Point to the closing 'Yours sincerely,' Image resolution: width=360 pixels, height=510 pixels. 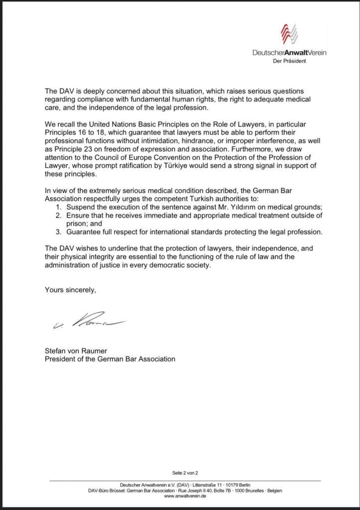pos(70,289)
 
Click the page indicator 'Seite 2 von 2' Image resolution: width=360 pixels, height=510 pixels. pos(185,472)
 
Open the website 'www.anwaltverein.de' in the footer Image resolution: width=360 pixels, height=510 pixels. pos(185,497)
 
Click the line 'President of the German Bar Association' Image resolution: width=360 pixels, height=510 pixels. pos(110,359)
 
